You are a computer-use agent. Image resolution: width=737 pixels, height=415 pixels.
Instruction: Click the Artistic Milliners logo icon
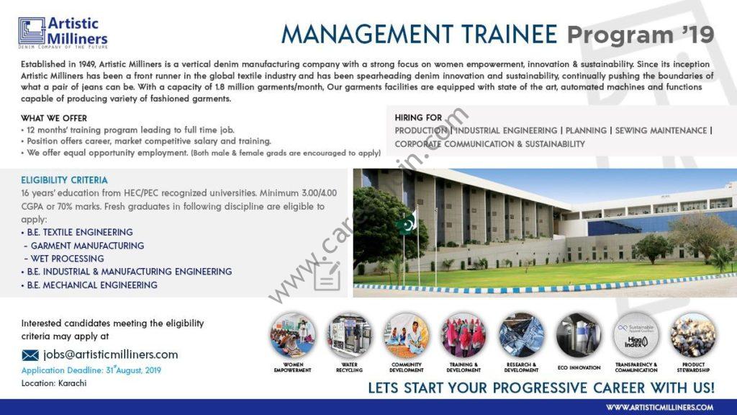click(32, 31)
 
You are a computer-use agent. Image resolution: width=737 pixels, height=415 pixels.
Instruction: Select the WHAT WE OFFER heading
click(53, 118)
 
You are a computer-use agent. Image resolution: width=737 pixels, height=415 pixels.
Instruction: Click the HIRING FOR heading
click(418, 117)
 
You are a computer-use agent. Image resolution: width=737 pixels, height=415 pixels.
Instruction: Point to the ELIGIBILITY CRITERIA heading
click(64, 180)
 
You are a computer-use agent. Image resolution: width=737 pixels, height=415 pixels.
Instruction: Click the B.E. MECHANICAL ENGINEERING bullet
click(89, 285)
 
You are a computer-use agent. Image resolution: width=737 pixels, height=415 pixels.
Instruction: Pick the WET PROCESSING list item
click(64, 259)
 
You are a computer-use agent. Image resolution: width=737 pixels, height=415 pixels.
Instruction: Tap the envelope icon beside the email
click(30, 355)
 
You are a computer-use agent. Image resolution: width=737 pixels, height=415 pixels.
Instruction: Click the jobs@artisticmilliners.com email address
click(110, 354)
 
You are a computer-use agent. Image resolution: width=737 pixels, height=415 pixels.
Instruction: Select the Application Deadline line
click(91, 370)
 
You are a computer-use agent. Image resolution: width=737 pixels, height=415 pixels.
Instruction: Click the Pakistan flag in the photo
click(407, 223)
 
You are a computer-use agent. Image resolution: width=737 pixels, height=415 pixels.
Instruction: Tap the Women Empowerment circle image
click(293, 336)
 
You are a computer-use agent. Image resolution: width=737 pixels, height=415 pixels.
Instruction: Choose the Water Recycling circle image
click(349, 336)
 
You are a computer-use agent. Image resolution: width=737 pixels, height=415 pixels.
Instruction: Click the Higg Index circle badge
click(636, 336)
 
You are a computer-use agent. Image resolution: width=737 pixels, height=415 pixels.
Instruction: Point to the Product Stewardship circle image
click(693, 336)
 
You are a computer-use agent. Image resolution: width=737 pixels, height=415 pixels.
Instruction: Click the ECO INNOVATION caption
click(579, 367)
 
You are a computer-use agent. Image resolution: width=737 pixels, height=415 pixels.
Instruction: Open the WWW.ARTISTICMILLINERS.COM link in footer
click(659, 408)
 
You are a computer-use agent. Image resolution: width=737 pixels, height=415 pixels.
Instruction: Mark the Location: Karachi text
click(54, 383)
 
